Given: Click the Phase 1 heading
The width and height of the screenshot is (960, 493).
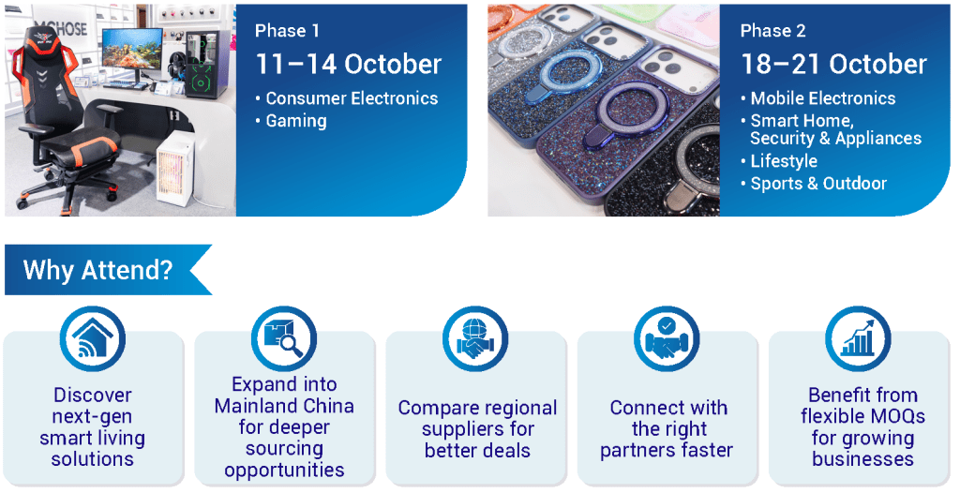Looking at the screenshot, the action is (287, 31).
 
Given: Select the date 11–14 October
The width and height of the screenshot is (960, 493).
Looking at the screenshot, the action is (348, 65).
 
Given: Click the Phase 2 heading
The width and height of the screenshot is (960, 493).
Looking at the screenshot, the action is (772, 31).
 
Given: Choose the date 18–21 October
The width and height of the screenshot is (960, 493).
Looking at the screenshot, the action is (833, 65).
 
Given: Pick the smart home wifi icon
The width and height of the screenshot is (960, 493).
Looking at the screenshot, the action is (93, 338).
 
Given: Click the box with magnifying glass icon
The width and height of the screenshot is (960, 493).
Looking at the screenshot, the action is (284, 338).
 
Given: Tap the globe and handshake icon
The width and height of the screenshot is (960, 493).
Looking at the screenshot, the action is (475, 338).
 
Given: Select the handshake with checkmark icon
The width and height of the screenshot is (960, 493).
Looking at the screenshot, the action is (667, 338).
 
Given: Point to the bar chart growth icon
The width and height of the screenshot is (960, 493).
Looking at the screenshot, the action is (858, 338).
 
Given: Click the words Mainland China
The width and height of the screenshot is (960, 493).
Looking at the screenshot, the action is (284, 406).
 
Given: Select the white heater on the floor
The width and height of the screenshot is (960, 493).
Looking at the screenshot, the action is (175, 165).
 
